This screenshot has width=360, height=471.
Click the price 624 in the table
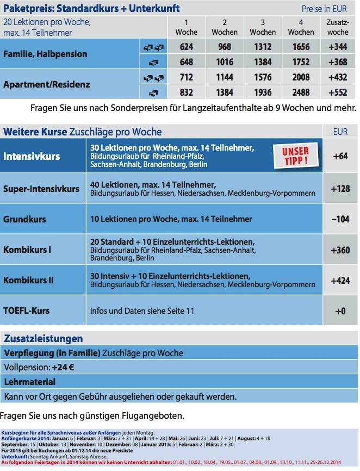click(x=187, y=47)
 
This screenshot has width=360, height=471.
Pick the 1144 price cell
click(x=225, y=77)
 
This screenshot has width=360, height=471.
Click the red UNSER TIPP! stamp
click(x=295, y=156)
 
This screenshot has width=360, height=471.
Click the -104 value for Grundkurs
click(x=339, y=219)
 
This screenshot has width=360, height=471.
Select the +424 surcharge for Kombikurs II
click(x=339, y=281)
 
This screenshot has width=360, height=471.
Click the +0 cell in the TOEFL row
click(x=339, y=311)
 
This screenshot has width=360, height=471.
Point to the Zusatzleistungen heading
click(x=44, y=339)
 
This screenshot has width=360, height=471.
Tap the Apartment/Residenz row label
click(x=47, y=85)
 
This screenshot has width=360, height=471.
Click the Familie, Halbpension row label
click(x=45, y=54)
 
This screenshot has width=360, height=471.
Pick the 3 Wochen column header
click(x=263, y=27)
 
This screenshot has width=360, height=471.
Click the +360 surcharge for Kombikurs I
click(x=339, y=250)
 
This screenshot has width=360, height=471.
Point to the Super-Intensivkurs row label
click(x=41, y=189)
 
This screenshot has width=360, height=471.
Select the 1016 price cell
click(x=225, y=61)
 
